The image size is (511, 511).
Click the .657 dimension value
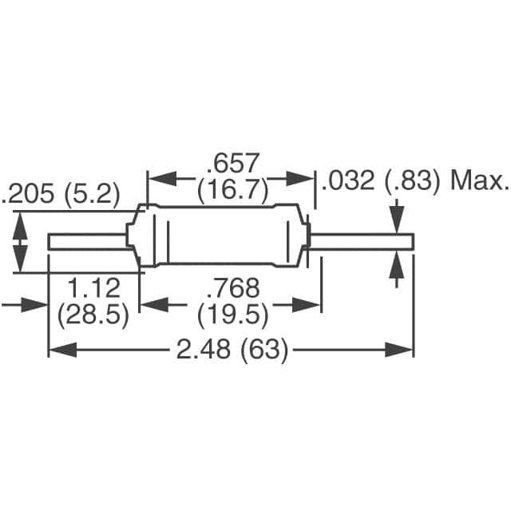pyautogui.click(x=232, y=164)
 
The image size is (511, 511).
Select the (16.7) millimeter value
pyautogui.click(x=232, y=192)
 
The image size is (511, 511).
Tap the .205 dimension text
pyautogui.click(x=33, y=194)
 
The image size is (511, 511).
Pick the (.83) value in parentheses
pyautogui.click(x=411, y=181)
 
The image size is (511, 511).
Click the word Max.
pyautogui.click(x=480, y=181)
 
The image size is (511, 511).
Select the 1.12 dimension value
pyautogui.click(x=93, y=287)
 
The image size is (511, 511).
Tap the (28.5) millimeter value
pyautogui.click(x=93, y=315)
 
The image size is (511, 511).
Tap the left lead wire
pyautogui.click(x=88, y=240)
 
